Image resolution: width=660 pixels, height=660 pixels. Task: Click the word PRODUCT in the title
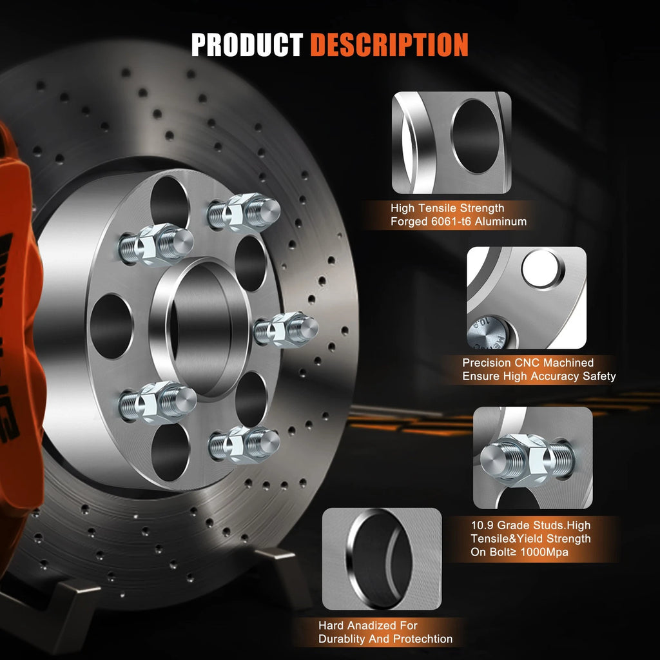[x=247, y=44]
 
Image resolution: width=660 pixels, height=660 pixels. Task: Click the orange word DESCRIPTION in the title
[x=389, y=44]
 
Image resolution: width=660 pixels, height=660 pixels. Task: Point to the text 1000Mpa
[x=543, y=552]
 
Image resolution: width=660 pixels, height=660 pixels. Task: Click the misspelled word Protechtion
[x=423, y=639]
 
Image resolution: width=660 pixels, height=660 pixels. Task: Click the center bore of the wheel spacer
[x=201, y=329]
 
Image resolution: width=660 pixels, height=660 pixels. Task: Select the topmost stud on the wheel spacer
[x=244, y=213]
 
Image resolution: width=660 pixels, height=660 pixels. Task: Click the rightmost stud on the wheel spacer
[x=286, y=329]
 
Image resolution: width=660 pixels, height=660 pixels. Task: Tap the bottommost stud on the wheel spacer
[x=244, y=445]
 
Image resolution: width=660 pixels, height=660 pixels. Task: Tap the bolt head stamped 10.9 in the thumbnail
[x=487, y=333]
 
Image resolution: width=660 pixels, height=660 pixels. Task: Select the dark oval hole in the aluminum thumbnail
[x=476, y=137]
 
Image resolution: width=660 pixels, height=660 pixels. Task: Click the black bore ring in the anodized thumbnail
[x=380, y=558]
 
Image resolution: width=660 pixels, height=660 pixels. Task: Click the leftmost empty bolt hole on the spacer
[x=112, y=326]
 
